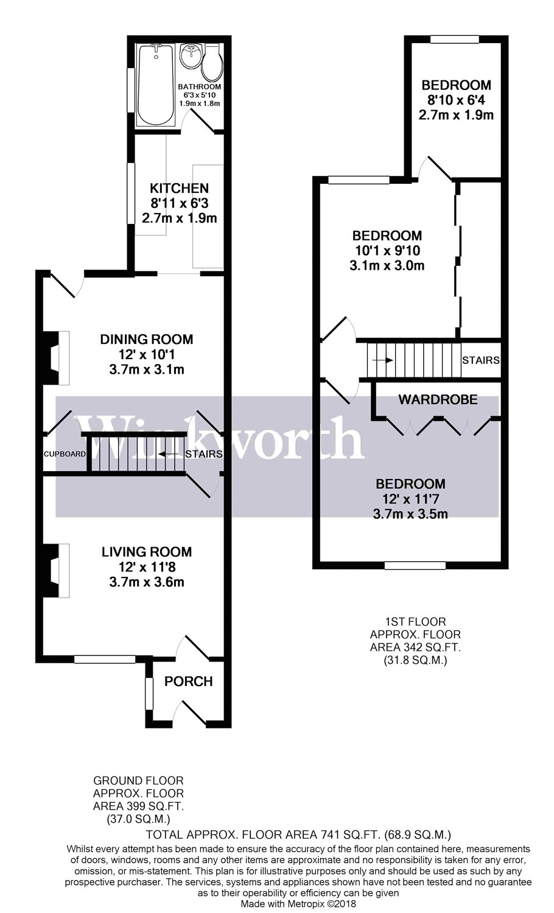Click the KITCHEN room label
pos(179,189)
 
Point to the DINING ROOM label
pos(147,340)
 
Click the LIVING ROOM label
pos(147,552)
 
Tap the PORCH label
pos(189,682)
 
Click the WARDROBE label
pos(438,400)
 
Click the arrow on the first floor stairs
pos(382,360)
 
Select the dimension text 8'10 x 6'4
pos(456,100)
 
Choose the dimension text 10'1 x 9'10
pos(388,250)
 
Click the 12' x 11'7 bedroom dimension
pos(410,499)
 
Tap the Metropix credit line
pos(298,904)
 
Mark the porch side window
pos(147,693)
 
